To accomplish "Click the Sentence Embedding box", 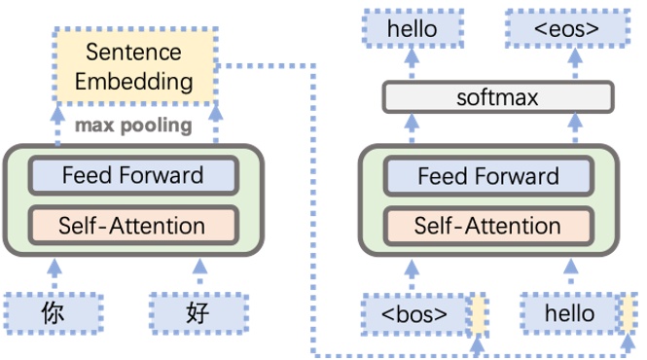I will tap(133, 65).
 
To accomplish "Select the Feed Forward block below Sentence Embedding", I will tap(133, 176).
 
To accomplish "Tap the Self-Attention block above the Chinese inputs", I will tap(133, 226).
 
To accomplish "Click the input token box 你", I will tap(54, 311).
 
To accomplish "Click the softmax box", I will tap(497, 97).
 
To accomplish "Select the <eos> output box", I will tap(566, 29).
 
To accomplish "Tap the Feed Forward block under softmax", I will tap(487, 176).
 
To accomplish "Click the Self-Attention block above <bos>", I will tap(487, 226).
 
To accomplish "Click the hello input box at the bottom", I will tap(569, 313).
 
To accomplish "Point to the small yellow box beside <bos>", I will tap(478, 313).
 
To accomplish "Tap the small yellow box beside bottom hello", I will tap(631, 313).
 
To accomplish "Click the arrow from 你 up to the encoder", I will tap(54, 271).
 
